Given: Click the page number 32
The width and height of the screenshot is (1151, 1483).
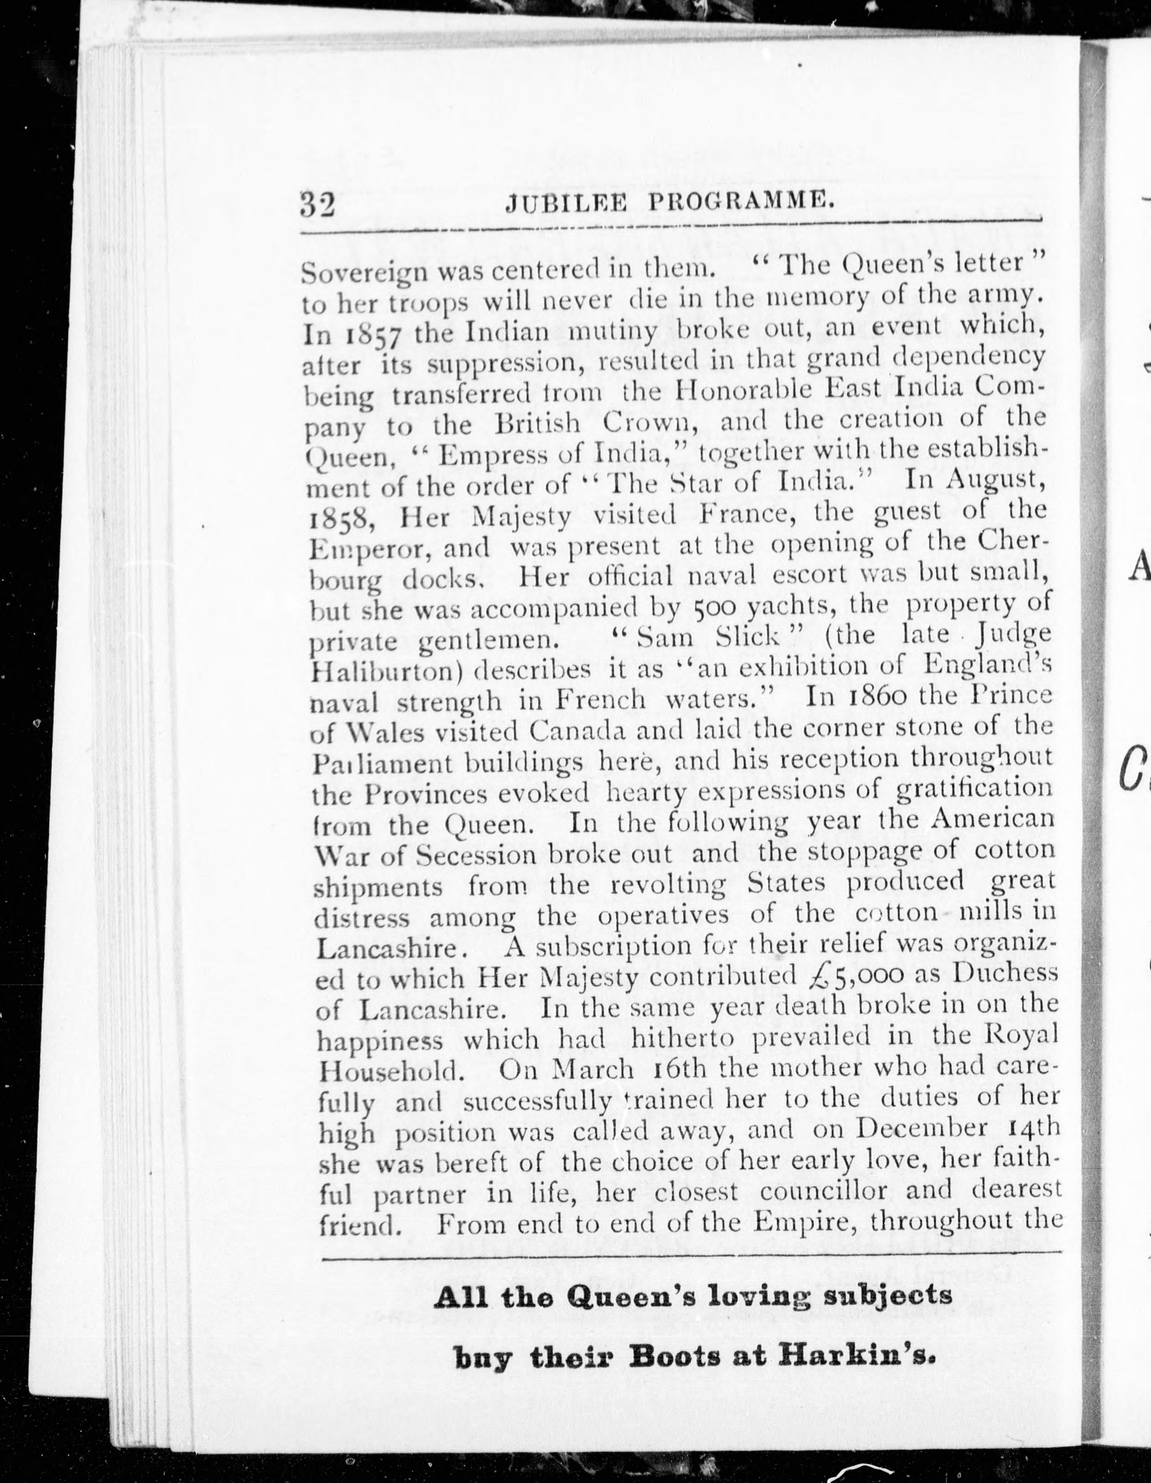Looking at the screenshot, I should pyautogui.click(x=318, y=204).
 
